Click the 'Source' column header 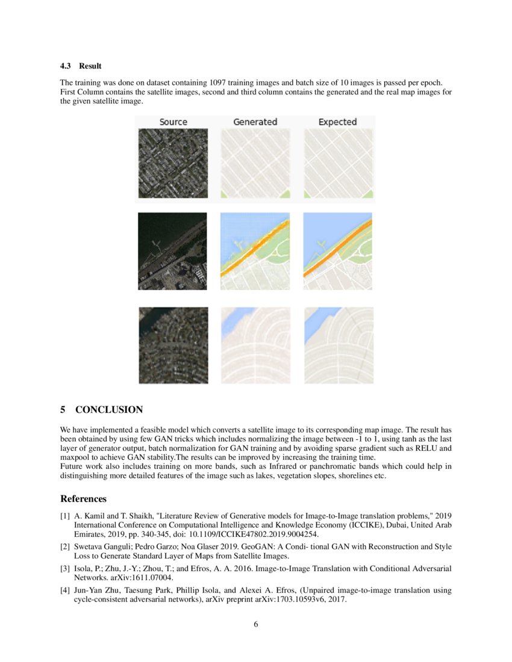click(173, 122)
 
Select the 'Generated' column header click(255, 122)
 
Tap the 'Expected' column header click(337, 122)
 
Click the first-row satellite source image click(173, 163)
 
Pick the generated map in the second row click(255, 251)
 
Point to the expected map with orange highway click(337, 251)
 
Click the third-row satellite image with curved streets click(173, 345)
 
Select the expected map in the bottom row click(338, 345)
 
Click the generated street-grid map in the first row click(255, 163)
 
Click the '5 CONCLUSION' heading click(101, 410)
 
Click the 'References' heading click(83, 499)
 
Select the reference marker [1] click(65, 516)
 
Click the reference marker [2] click(65, 546)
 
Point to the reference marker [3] click(65, 568)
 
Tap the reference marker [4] click(65, 590)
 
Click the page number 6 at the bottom click(256, 624)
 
